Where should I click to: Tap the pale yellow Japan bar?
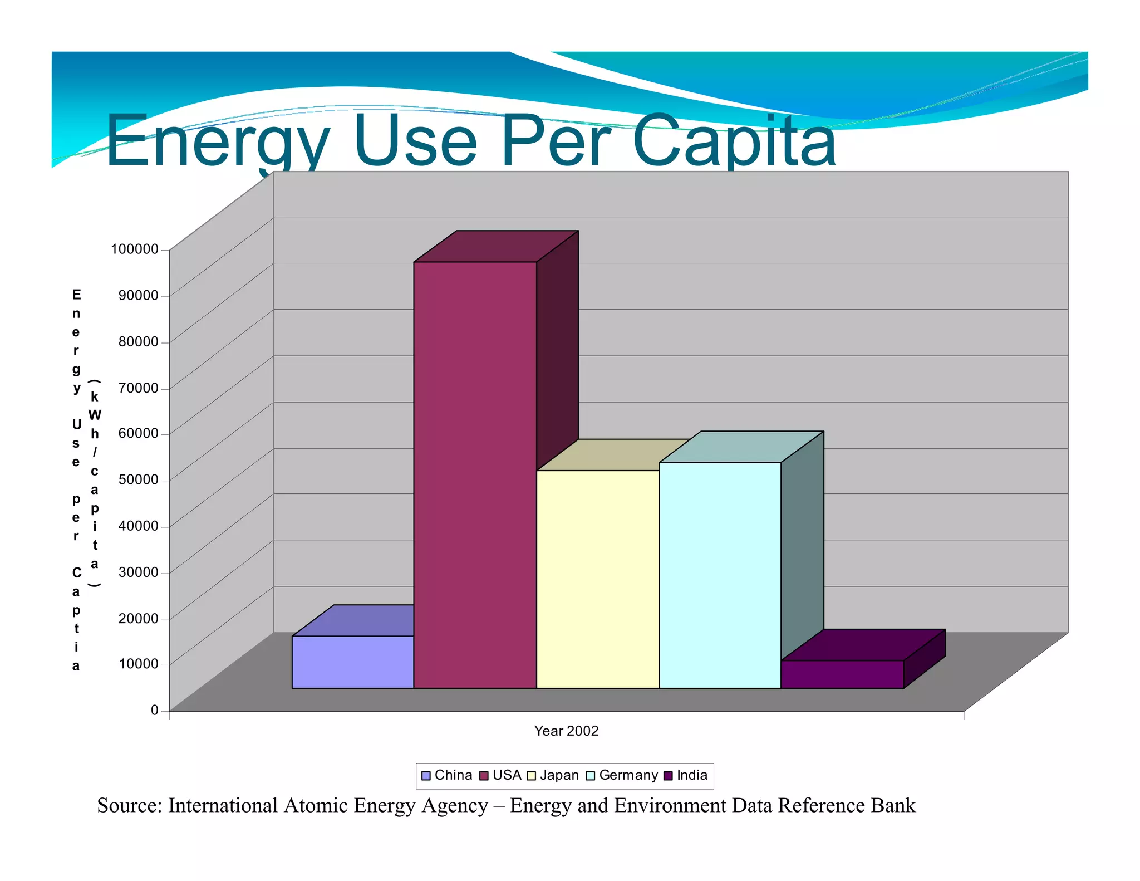coord(597,579)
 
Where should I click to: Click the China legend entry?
coord(447,775)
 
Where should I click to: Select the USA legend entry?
coord(500,775)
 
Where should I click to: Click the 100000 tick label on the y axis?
coord(135,249)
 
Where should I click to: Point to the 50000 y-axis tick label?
coord(138,479)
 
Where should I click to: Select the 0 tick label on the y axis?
coord(155,710)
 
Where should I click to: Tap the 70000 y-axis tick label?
coord(138,388)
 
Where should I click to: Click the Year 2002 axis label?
coord(566,731)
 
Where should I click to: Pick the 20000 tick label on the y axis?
coord(138,618)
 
